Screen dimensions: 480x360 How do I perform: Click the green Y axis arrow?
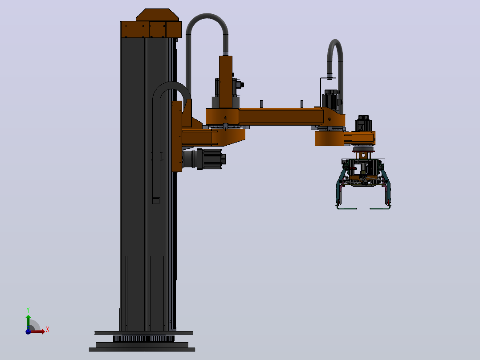pyautogui.click(x=28, y=322)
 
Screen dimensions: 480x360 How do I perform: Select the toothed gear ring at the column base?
pyautogui.click(x=143, y=339)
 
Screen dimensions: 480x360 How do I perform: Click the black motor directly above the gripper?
pyautogui.click(x=363, y=123)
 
